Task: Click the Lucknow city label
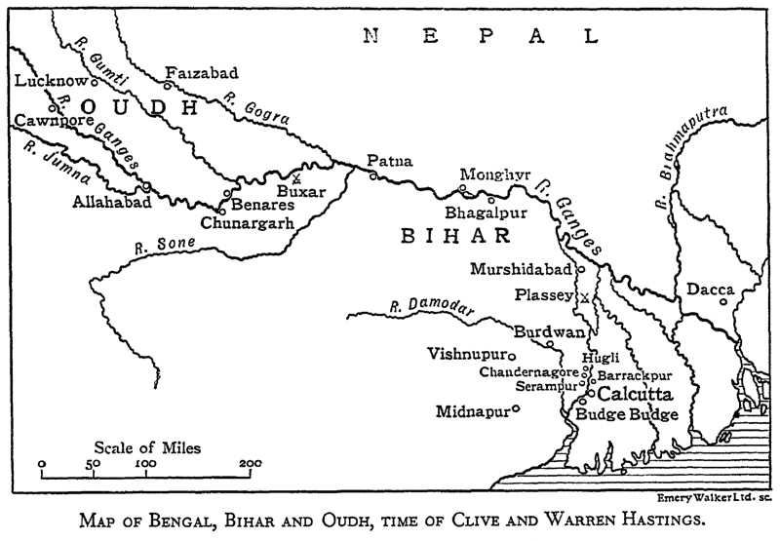43,82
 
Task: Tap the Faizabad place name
202,73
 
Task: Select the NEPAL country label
481,37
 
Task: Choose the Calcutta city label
634,395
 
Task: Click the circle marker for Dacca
723,301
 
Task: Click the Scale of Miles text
147,447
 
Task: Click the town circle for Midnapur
516,409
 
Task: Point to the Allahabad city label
112,203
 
